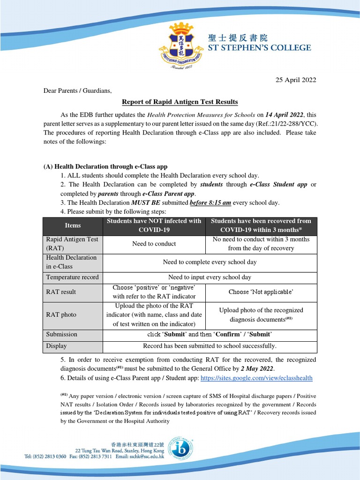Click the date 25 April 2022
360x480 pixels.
pos(295,80)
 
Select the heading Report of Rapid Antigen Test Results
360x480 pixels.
pos(180,102)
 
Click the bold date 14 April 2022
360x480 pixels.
pos(285,115)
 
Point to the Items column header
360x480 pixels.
pos(73,225)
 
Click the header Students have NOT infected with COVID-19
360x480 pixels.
pos(154,225)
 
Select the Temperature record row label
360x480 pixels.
pos(72,277)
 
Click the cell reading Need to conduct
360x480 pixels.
pos(154,244)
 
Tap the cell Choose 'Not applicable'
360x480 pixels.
pos(261,292)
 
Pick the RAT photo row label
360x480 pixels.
pos(61,315)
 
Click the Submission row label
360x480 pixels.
pos(61,334)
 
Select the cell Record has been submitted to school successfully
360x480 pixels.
pos(210,346)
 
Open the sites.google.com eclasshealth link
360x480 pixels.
pos(256,378)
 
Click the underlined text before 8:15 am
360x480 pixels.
pos(210,202)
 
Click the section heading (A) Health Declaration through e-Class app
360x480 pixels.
pos(105,166)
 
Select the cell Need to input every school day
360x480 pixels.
pos(210,277)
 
